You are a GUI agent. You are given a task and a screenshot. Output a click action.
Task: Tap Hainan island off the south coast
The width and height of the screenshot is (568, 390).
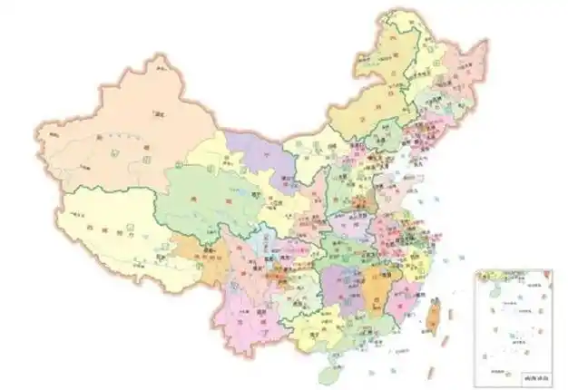click(338, 366)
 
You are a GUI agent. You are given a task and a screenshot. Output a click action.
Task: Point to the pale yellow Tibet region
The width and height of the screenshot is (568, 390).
click(109, 222)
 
